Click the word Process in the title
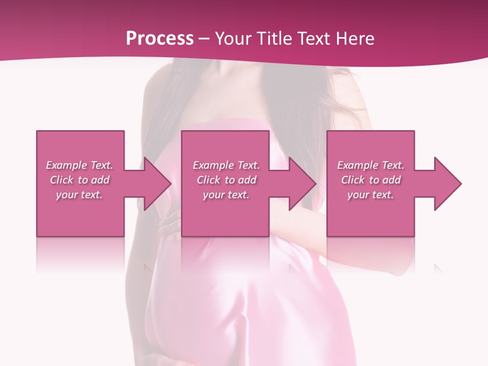(x=160, y=38)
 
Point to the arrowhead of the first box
(x=156, y=184)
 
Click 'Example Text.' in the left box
(x=79, y=165)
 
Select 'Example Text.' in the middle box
(x=226, y=165)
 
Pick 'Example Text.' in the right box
(x=371, y=165)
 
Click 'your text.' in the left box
(x=79, y=195)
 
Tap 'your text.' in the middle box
(x=226, y=195)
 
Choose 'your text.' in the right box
(x=371, y=195)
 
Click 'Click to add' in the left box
(x=79, y=180)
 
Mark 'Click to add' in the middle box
(x=226, y=180)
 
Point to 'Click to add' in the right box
(x=371, y=180)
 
